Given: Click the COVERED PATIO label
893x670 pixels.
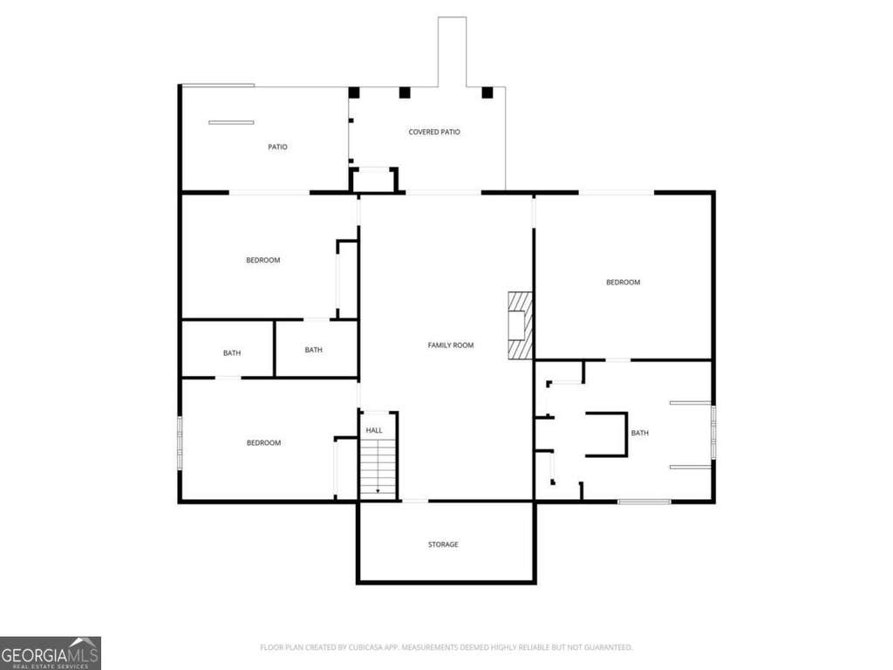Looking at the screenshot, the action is coord(434,132).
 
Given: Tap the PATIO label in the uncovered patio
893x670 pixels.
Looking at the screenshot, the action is coord(277,147).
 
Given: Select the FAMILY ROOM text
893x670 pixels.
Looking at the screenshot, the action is coord(451,345).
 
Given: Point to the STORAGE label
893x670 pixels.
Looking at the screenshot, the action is coord(443,544).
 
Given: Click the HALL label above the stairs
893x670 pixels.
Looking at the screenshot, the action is coord(374,431).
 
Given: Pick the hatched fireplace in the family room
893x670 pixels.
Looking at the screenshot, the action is coord(520,325).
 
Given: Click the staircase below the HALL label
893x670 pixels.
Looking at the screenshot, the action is coord(378,468).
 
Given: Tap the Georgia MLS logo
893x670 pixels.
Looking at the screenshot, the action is coord(50,653).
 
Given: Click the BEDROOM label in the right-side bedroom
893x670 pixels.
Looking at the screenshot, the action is coord(623,283).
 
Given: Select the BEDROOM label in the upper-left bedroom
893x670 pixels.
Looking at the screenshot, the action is coord(263,260).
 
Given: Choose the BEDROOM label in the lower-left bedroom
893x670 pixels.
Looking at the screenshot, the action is coord(263,442).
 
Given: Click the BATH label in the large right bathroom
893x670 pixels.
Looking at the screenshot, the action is coord(639,433).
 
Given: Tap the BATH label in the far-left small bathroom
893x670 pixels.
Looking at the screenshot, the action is coord(232,353).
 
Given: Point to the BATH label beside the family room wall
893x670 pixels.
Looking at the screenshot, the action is coord(313,350).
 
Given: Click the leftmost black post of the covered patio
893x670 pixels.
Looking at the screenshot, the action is coord(354,92).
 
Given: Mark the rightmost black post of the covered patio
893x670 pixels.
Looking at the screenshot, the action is coord(487,92).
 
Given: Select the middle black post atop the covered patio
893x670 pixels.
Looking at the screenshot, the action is coord(405,92).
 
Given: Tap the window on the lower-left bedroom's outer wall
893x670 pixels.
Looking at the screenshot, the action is coord(180,442).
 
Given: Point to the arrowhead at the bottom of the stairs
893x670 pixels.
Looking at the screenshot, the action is coord(378,492).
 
